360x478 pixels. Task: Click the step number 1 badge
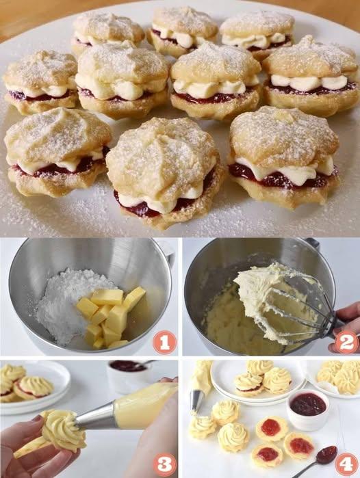pyautogui.click(x=164, y=343)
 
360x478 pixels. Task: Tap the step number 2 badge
pyautogui.click(x=347, y=343)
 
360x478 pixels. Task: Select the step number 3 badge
pyautogui.click(x=164, y=465)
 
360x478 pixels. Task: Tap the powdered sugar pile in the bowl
pyautogui.click(x=70, y=305)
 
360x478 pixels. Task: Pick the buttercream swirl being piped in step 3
pyautogui.click(x=63, y=430)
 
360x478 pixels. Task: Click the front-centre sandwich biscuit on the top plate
pyautogui.click(x=165, y=173)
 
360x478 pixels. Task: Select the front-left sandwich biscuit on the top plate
pyautogui.click(x=57, y=152)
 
